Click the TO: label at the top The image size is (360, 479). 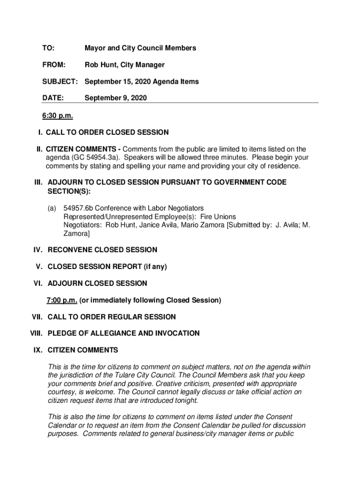[48, 48]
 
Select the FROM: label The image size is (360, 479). [54, 65]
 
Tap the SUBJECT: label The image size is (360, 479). [60, 81]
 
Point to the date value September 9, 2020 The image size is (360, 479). [115, 98]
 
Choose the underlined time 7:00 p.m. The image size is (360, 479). [61, 300]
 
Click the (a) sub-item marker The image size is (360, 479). [52, 208]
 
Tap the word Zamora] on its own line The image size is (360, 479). [77, 233]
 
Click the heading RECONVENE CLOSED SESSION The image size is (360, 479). [102, 250]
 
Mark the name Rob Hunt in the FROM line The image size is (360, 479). [99, 65]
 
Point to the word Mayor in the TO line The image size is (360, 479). [95, 48]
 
